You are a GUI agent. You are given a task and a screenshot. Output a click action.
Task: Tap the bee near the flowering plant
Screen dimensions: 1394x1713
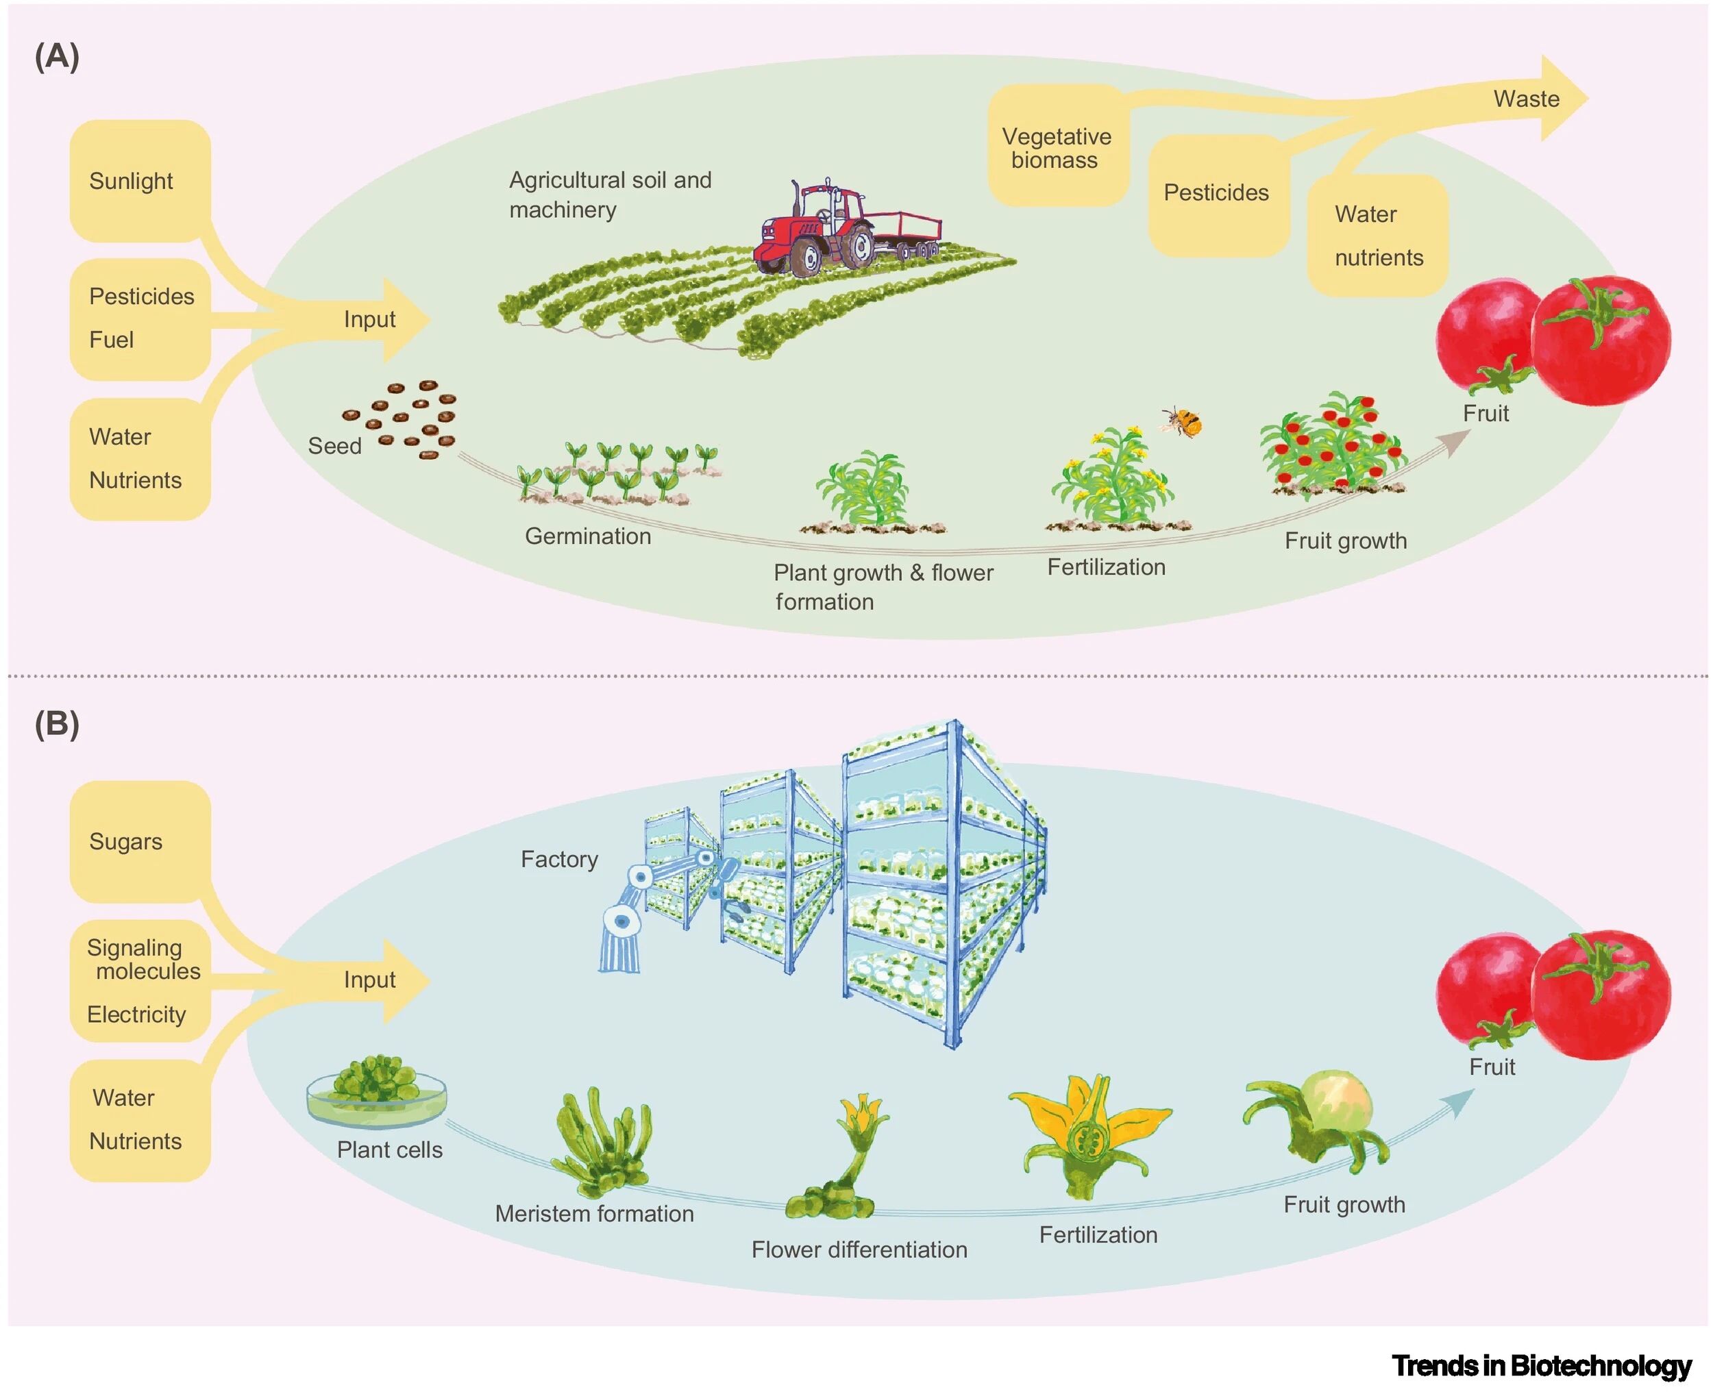1183,421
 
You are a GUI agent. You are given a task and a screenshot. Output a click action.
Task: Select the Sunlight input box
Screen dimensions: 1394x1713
140,182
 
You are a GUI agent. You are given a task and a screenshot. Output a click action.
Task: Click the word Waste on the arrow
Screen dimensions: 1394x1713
1526,99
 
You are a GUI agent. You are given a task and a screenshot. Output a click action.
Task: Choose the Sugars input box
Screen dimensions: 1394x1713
140,842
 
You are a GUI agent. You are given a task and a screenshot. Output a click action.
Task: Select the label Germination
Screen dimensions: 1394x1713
588,536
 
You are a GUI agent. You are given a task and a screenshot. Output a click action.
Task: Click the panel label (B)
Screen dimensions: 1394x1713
57,724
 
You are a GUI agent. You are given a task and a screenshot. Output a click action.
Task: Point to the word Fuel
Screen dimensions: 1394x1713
112,340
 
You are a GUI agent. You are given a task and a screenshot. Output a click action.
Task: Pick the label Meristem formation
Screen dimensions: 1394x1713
594,1213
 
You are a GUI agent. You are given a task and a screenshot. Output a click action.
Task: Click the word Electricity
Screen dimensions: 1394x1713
136,1015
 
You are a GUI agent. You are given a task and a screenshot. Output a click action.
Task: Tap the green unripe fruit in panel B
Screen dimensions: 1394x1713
1335,1100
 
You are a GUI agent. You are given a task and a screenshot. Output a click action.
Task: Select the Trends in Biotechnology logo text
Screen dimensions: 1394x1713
1541,1366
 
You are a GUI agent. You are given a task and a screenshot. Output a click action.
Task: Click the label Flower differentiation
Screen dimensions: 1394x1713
859,1249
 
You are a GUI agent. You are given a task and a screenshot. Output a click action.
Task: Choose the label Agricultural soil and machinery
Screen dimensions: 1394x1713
610,195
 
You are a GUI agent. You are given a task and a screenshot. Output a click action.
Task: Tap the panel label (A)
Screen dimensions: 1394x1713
57,56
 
